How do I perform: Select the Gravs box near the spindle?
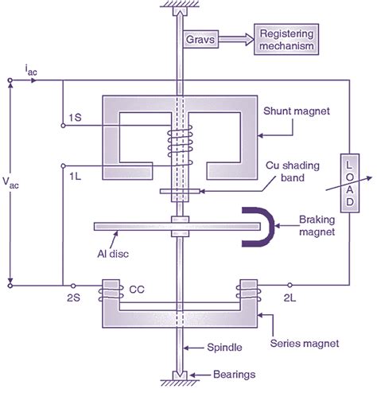(x=201, y=38)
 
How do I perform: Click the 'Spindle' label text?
(x=220, y=348)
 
